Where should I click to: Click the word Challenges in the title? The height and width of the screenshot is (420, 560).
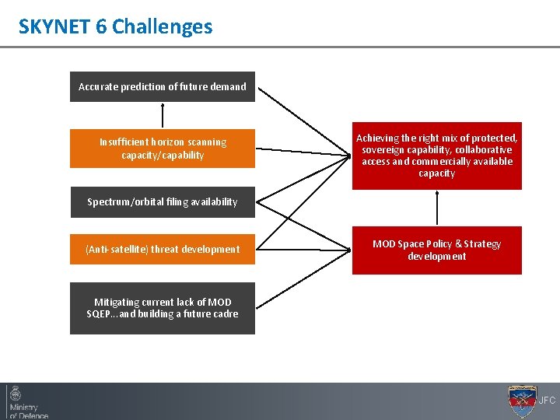162,26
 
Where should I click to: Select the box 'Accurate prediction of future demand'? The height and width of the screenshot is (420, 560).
162,87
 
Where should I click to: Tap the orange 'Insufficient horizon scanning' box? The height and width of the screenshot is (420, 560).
162,149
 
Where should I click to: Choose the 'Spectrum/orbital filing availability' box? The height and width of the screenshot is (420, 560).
162,202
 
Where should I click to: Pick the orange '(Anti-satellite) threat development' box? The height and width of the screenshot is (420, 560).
162,250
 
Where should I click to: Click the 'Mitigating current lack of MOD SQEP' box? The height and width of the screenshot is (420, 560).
162,308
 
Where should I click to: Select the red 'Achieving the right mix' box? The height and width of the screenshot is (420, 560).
436,156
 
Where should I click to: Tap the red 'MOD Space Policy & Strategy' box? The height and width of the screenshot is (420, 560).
436,250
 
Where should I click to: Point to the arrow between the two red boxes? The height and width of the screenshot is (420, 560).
437,208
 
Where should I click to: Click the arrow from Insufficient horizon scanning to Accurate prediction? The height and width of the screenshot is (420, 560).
163,115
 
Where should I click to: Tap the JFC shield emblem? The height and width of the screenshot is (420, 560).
521,401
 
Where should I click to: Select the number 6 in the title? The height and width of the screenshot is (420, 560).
102,26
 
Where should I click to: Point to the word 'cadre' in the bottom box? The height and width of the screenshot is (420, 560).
223,314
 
